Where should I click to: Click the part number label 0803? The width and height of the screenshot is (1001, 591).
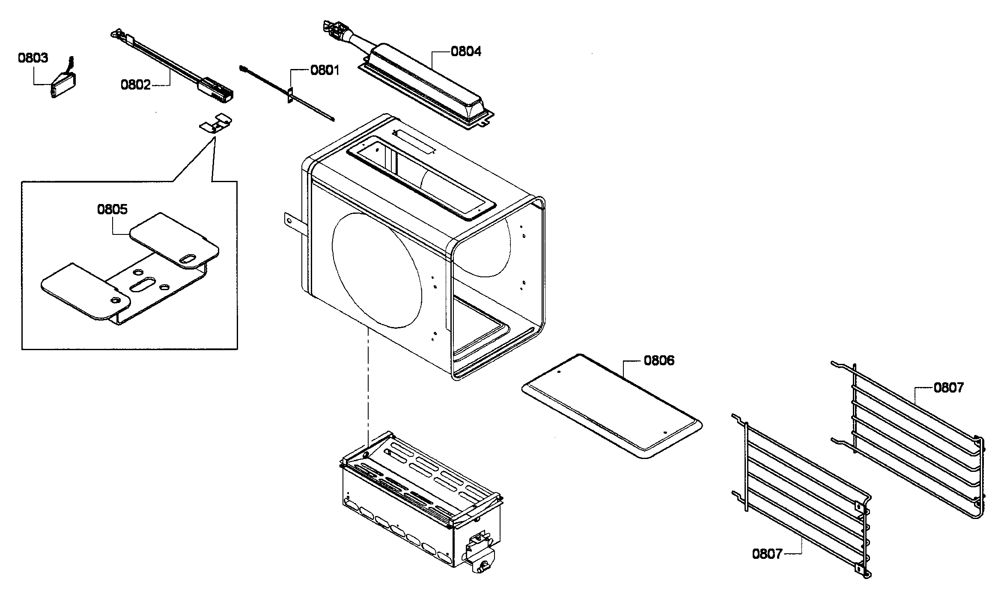[x=33, y=57]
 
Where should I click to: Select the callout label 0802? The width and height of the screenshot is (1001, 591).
[x=135, y=85]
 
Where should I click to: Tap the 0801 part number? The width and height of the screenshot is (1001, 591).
[x=325, y=70]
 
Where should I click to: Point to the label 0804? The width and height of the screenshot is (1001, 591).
[x=466, y=51]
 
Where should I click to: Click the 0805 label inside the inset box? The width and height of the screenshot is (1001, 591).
[x=112, y=209]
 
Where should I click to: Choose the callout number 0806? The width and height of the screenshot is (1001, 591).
[x=659, y=360]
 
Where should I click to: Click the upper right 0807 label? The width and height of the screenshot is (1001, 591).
[x=948, y=387]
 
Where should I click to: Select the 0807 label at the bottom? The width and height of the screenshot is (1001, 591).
[x=767, y=554]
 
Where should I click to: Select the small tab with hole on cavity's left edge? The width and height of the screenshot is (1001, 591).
[x=290, y=221]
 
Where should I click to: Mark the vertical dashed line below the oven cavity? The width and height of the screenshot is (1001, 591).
[x=368, y=386]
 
